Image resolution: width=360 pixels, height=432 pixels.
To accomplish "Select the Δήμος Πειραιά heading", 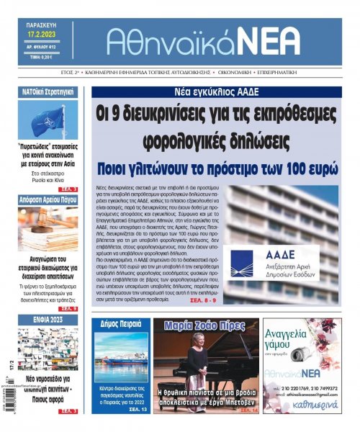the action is [x=120, y=324].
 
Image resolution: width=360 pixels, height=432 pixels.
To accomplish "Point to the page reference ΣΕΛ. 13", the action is [x=139, y=409].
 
